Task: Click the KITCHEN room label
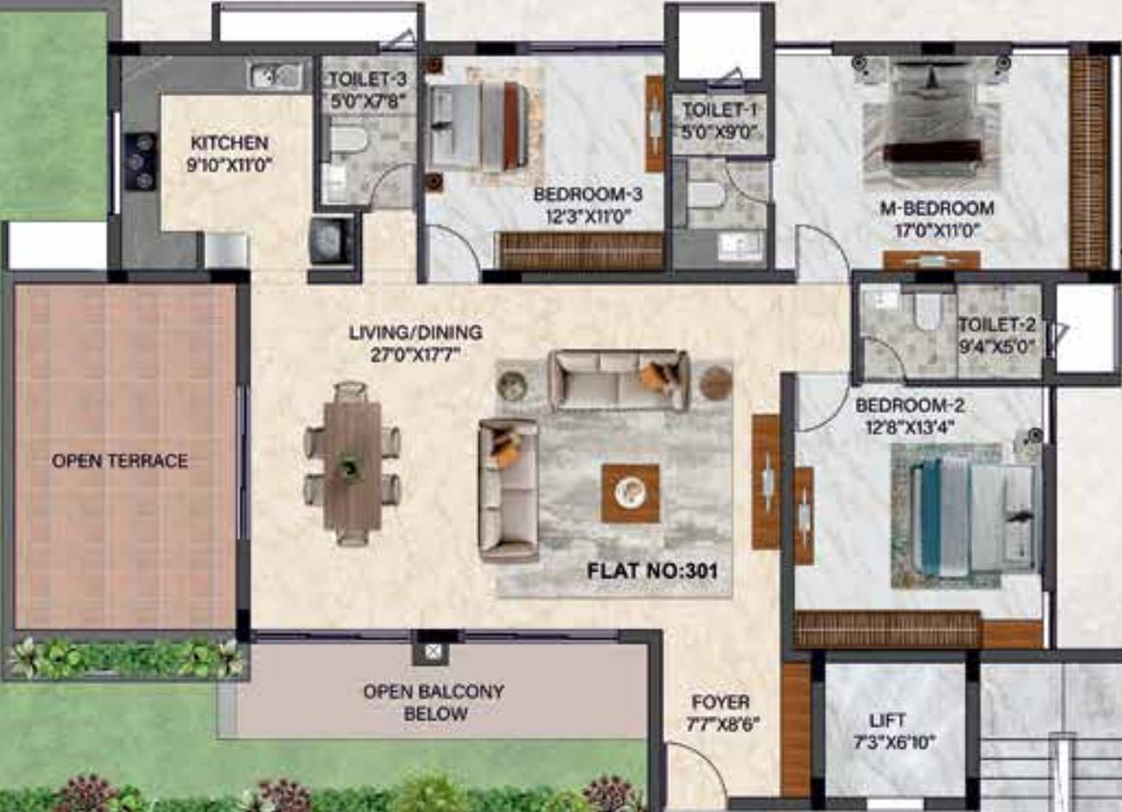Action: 229,142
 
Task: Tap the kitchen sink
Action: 274,75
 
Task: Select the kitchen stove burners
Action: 141,161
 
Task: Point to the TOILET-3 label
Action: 368,78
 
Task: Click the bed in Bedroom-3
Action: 481,126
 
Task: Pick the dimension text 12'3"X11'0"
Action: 587,216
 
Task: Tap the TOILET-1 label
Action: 719,110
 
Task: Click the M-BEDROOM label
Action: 936,208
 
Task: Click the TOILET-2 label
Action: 997,324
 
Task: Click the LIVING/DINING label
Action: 416,332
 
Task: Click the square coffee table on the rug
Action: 631,492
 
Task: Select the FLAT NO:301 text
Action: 652,571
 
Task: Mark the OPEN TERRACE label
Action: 120,461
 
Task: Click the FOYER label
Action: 721,703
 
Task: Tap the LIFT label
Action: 887,720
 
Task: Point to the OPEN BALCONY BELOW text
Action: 434,703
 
